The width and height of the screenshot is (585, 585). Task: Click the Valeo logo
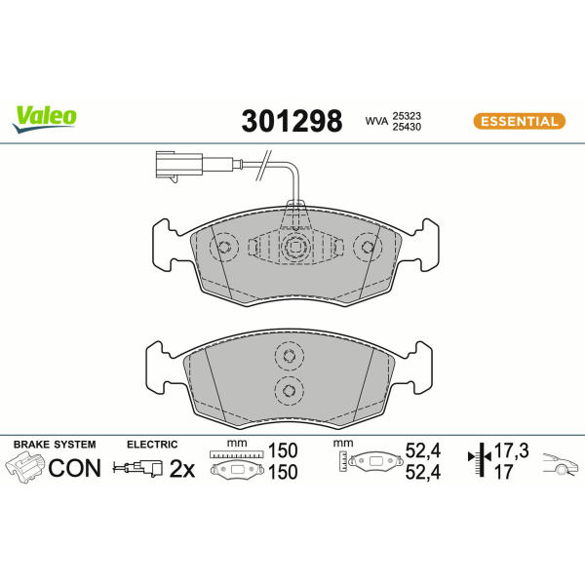tap(45, 119)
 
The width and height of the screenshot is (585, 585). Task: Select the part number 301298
tap(292, 121)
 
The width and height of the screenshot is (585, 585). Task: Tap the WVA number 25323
tap(407, 116)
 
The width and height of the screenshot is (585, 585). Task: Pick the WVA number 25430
tap(407, 127)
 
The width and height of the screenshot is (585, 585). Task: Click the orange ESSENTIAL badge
tap(520, 121)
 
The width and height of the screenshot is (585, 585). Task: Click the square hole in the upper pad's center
tap(294, 247)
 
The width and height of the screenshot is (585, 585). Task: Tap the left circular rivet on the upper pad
tap(224, 247)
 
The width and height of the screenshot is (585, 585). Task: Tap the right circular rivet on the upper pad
tap(368, 247)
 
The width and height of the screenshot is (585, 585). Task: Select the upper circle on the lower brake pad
tap(290, 356)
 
